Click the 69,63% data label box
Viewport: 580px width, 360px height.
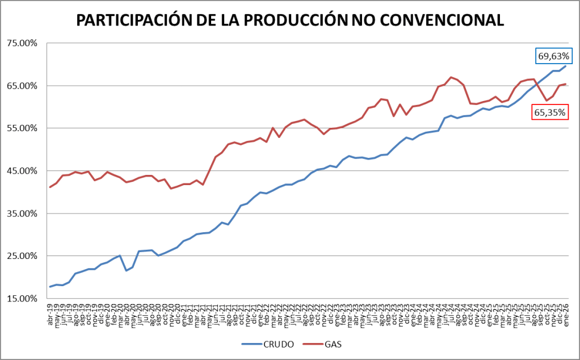(554, 56)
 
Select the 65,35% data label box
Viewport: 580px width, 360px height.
(549, 112)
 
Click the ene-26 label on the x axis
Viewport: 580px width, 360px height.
(566, 311)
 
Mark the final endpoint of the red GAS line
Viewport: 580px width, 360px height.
(565, 84)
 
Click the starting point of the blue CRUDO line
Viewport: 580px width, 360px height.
(50, 287)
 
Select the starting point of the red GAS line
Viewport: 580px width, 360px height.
(50, 187)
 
